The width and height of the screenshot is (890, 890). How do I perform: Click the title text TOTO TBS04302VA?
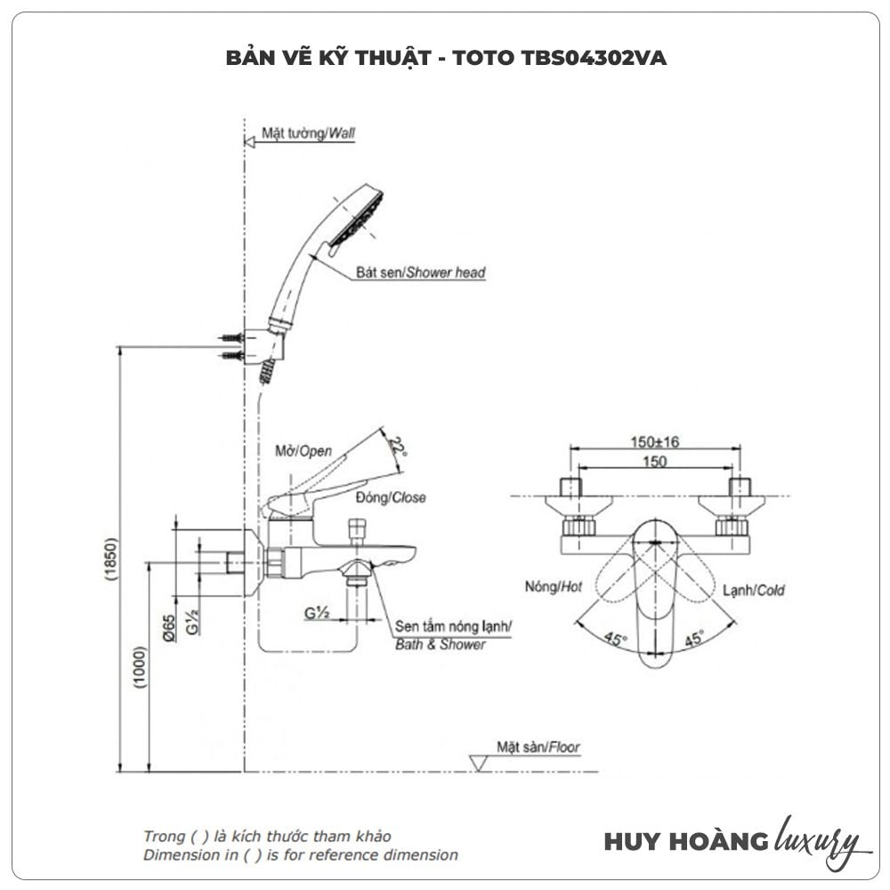pyautogui.click(x=558, y=59)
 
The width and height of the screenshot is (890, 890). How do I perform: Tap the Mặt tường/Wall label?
pyautogui.click(x=308, y=133)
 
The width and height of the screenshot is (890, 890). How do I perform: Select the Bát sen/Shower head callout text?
pyautogui.click(x=420, y=272)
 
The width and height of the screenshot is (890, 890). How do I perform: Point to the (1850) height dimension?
pyautogui.click(x=111, y=559)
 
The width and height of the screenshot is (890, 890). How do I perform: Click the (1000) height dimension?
pyautogui.click(x=141, y=667)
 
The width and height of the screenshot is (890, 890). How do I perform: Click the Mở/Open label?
pyautogui.click(x=303, y=451)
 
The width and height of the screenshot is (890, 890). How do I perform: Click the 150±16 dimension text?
pyautogui.click(x=654, y=442)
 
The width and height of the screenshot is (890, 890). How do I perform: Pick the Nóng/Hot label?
pyautogui.click(x=554, y=587)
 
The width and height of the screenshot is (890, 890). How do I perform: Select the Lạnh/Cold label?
pyautogui.click(x=753, y=589)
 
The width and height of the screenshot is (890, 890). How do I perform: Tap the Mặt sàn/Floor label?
pyautogui.click(x=538, y=748)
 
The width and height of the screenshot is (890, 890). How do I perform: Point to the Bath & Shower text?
pyautogui.click(x=441, y=644)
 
